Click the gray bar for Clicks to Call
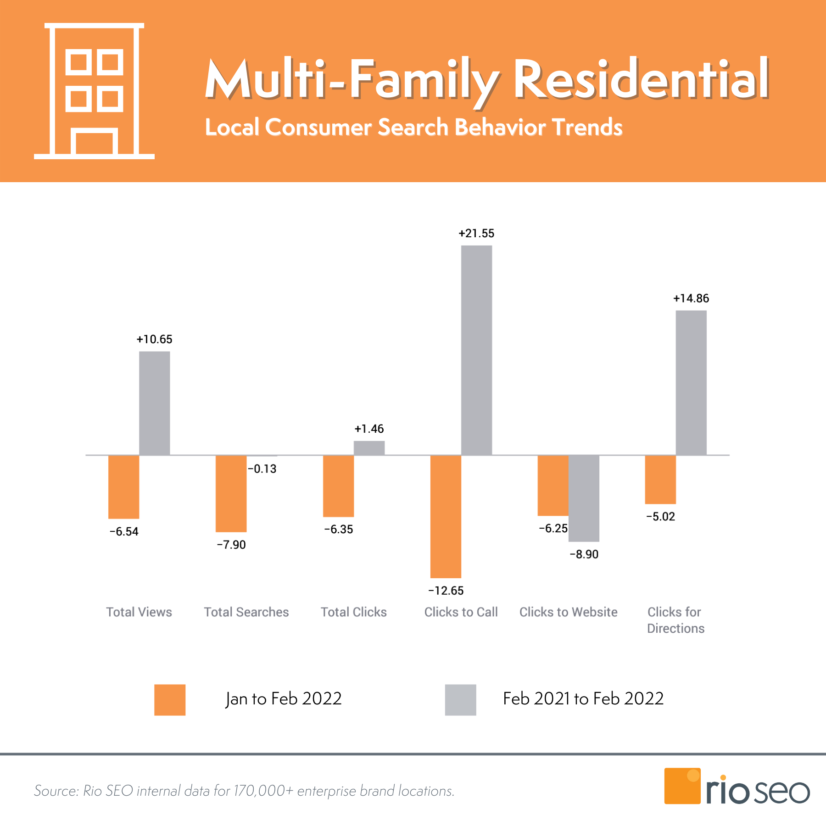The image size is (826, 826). pos(476,350)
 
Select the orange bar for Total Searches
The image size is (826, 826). pos(231,493)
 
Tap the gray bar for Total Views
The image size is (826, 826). pos(154,403)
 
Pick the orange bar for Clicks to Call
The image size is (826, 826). pos(446,516)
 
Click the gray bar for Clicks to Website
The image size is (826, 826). pos(584,498)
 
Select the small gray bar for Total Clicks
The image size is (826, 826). pos(369,448)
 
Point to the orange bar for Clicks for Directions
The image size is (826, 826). pos(660,480)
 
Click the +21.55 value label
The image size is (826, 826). pos(476,234)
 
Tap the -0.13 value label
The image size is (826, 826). pos(262,469)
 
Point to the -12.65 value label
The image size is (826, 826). pos(446,591)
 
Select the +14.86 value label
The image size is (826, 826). pos(691,299)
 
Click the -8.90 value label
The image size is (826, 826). pos(584,554)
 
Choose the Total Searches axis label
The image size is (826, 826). pos(246,612)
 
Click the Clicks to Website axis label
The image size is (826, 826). pos(568,612)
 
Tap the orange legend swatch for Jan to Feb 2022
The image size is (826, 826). pos(170,700)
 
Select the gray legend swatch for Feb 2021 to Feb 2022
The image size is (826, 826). pos(460,700)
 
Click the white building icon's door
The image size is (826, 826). pos(94,143)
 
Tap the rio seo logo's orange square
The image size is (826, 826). pos(682,786)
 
